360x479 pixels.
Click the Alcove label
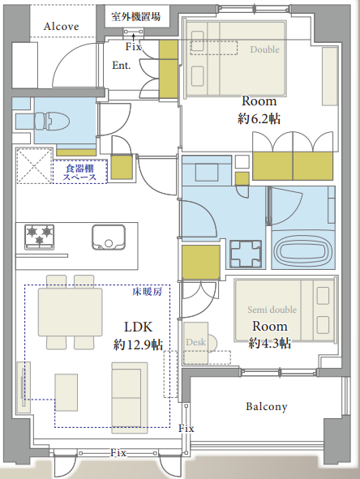point(61,27)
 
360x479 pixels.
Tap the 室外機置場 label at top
point(136,16)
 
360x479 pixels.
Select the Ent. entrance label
point(122,65)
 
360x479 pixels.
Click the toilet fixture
point(51,122)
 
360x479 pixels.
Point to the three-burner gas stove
point(40,237)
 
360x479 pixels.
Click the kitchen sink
point(109,237)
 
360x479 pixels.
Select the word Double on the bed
point(264,49)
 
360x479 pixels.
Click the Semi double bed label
point(272,310)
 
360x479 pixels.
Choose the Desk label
point(195,342)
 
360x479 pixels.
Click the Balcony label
point(267,407)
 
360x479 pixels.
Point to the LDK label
point(138,327)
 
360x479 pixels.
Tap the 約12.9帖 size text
point(138,344)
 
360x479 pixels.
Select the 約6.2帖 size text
point(259,118)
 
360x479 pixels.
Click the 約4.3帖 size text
point(269,344)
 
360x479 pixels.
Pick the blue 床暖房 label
point(148,292)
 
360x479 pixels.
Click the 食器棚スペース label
point(79,173)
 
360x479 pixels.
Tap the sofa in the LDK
point(130,397)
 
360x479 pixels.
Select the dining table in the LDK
point(71,312)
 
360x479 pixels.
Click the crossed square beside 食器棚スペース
point(35,166)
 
